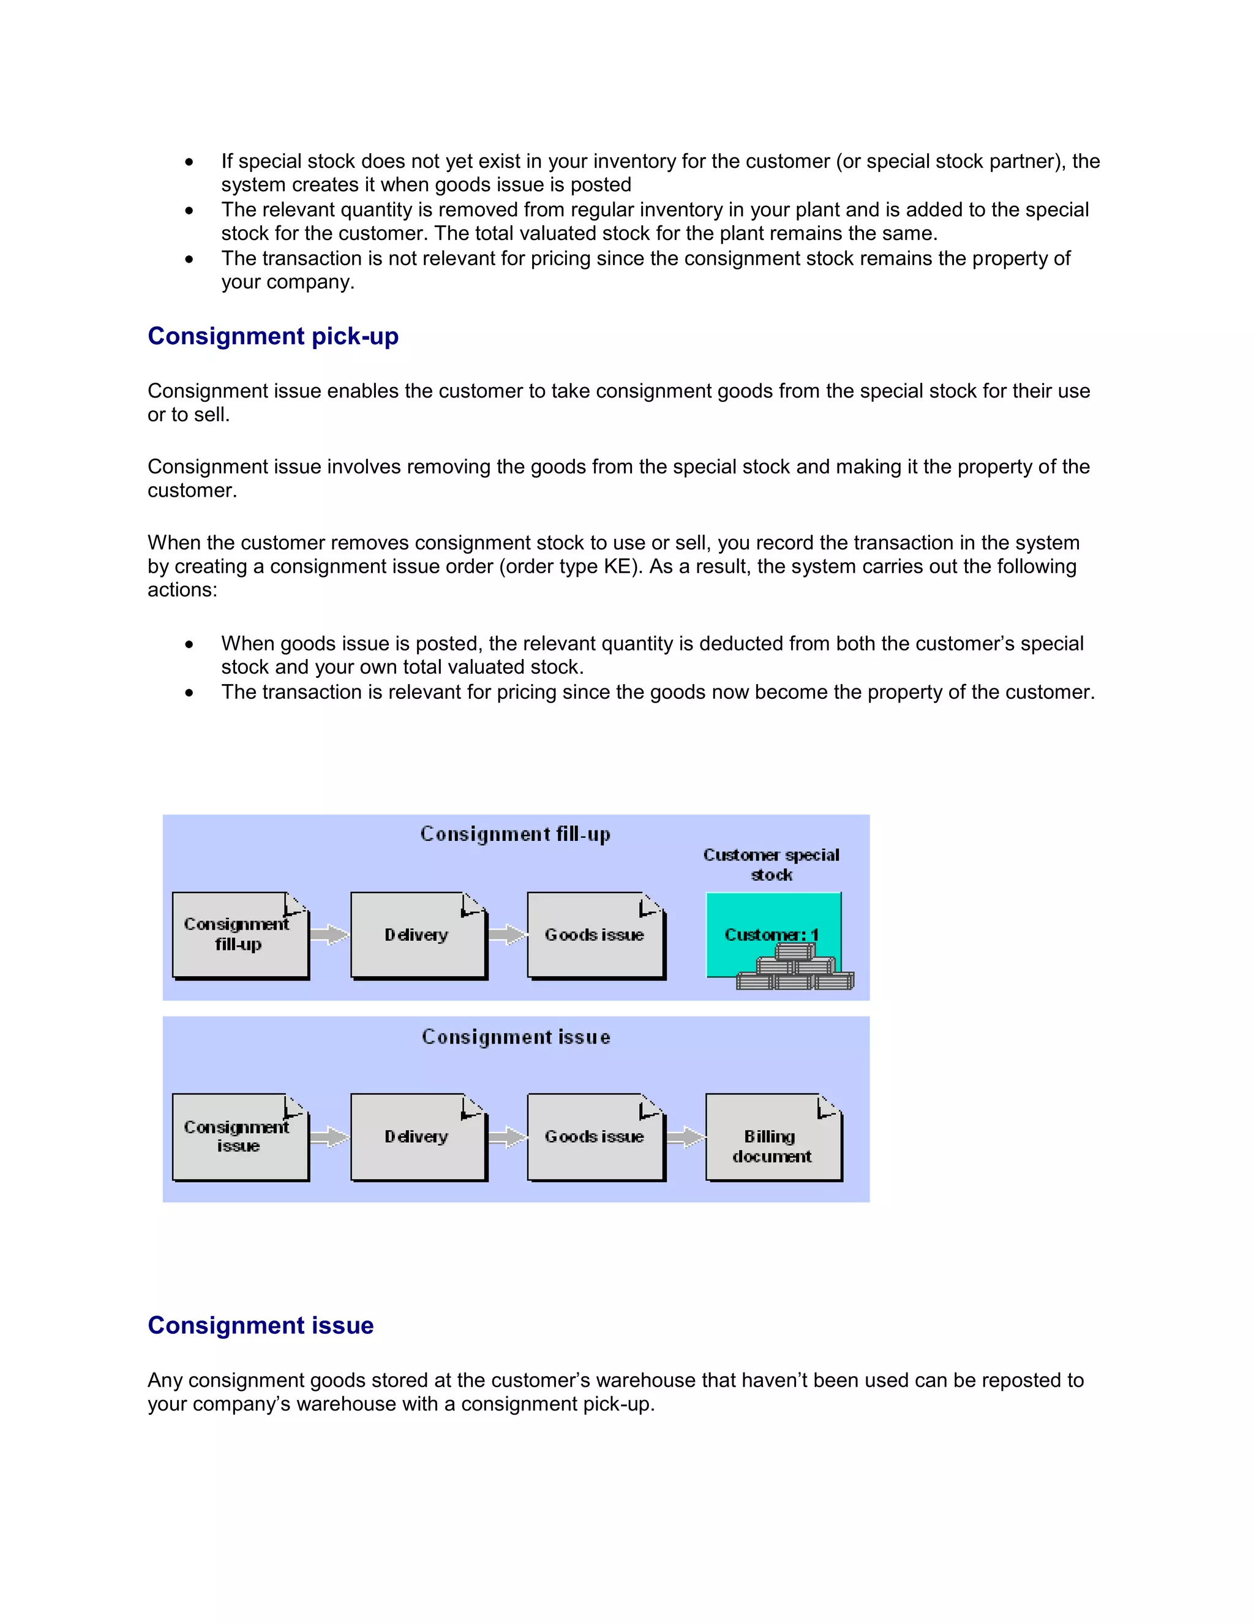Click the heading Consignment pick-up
272,336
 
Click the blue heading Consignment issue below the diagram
260,1325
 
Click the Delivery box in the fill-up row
418,935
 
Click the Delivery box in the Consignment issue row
418,1137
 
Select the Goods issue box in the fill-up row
595,935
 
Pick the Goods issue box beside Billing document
595,1137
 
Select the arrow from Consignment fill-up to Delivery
329,935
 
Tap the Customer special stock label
771,864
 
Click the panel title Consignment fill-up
516,834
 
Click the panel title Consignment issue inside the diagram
516,1037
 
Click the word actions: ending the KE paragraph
182,590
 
